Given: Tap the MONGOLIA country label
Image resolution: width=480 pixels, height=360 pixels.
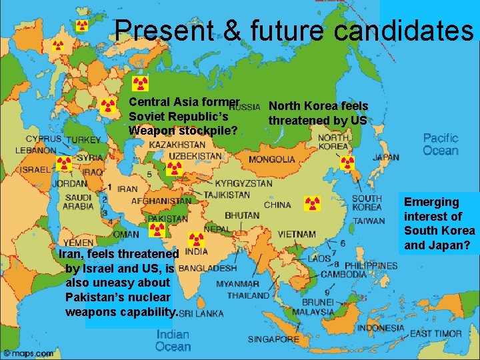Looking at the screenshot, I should click(x=272, y=160).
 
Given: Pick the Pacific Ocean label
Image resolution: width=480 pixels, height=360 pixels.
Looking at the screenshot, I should click(x=441, y=144).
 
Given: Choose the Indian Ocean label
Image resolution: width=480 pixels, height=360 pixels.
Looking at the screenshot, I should click(x=172, y=340).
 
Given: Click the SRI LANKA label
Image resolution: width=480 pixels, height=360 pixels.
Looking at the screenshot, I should click(x=201, y=313).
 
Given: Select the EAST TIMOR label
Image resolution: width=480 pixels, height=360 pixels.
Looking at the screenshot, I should click(x=436, y=333).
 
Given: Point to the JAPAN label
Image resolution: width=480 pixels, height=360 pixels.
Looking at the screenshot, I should click(x=385, y=158).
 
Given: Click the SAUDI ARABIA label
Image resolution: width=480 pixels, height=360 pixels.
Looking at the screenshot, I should click(x=79, y=201).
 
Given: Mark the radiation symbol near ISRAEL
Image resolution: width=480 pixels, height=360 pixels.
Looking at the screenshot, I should click(x=64, y=164).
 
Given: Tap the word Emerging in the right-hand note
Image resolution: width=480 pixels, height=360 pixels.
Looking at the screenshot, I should click(x=431, y=202).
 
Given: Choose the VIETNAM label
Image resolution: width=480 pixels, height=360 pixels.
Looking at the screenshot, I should click(x=296, y=234).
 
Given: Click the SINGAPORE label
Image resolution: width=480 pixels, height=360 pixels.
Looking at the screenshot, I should click(x=273, y=339).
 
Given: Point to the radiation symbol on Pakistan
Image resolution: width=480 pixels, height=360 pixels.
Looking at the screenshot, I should click(x=156, y=230).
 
